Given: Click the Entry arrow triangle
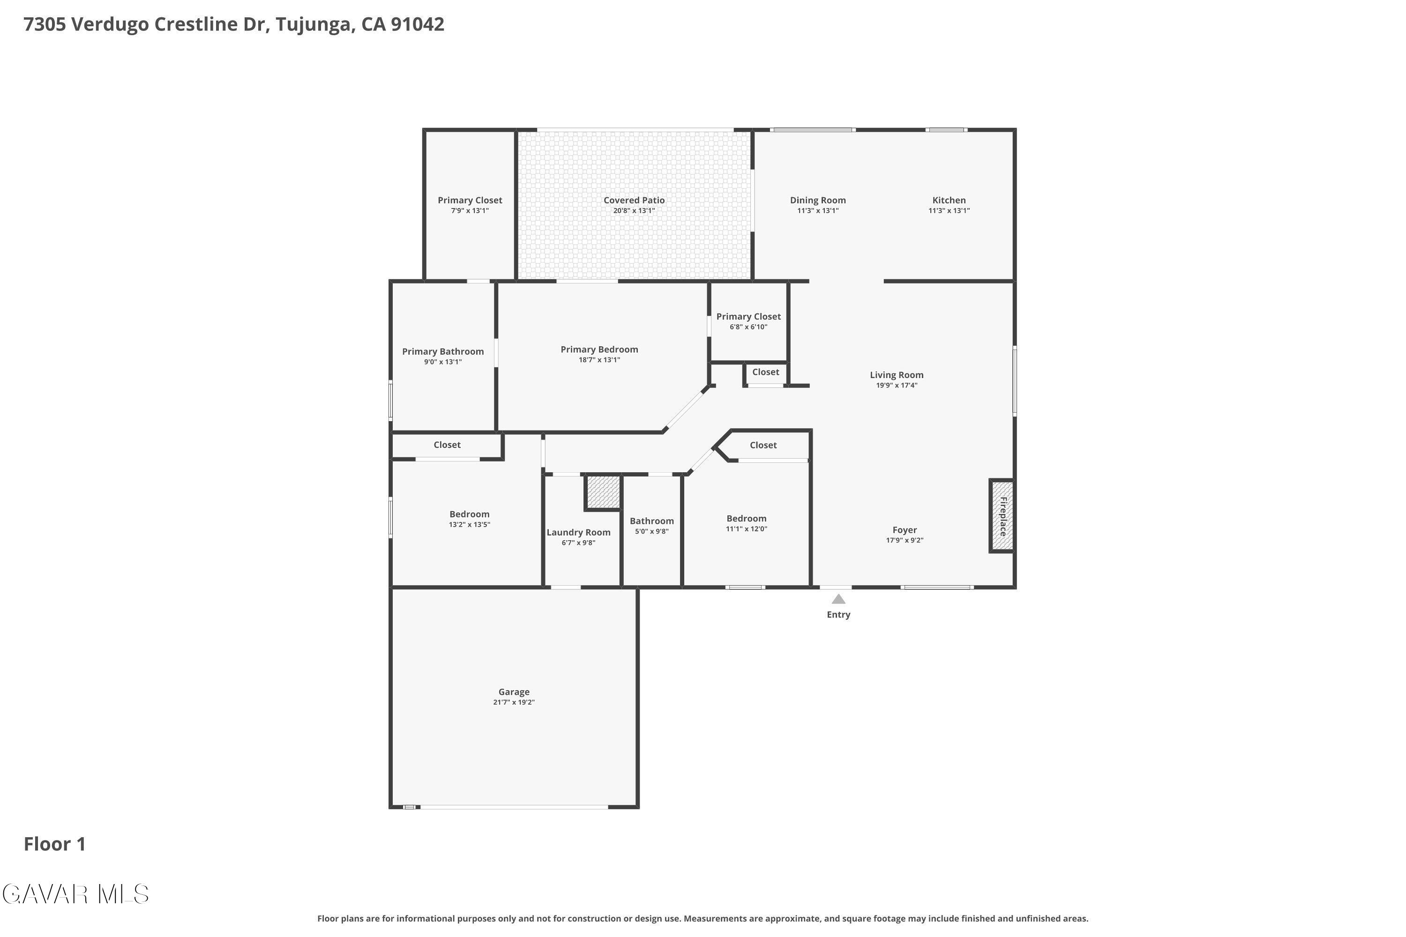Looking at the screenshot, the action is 839,599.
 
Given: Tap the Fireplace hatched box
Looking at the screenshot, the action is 1002,516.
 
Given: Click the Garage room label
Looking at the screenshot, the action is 514,692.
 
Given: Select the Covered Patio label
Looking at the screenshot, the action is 634,200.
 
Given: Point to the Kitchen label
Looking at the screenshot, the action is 950,200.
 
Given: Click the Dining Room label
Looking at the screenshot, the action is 818,200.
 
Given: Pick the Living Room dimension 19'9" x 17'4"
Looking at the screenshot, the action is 897,386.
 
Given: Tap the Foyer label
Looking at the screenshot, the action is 905,530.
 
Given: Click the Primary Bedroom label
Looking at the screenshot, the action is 599,350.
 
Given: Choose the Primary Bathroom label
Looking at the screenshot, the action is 443,352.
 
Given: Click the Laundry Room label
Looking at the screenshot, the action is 579,532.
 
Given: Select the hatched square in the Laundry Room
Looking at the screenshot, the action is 603,492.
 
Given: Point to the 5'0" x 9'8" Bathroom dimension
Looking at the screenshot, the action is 651,531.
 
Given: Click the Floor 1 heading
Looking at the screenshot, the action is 55,844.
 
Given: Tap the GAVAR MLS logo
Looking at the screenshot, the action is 75,894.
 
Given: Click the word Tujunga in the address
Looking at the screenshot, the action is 313,24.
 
